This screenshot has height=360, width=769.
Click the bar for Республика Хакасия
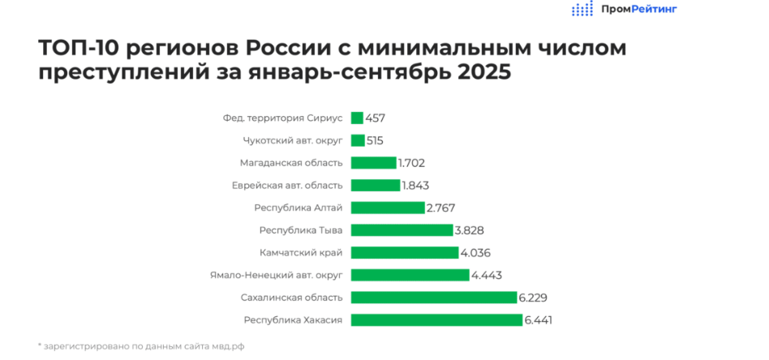(436, 319)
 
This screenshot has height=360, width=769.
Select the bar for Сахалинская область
(433, 297)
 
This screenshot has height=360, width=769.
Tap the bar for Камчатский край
(404, 252)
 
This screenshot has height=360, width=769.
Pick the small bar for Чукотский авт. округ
(358, 140)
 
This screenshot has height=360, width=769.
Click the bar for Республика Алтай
(387, 208)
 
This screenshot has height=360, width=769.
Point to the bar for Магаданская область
(373, 163)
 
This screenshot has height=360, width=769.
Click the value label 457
(376, 118)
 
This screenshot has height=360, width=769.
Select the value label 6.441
(539, 319)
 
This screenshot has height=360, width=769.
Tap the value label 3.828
(470, 230)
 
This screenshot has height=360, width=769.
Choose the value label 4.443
(486, 275)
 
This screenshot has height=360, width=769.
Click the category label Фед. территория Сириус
(282, 118)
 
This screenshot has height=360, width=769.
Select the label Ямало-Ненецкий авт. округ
(276, 275)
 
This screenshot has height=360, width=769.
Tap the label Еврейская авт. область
(287, 185)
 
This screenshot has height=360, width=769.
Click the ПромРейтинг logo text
(639, 9)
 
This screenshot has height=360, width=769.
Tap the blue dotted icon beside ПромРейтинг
(582, 9)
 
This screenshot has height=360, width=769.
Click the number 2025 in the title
(484, 72)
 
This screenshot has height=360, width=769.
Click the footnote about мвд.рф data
(141, 346)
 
